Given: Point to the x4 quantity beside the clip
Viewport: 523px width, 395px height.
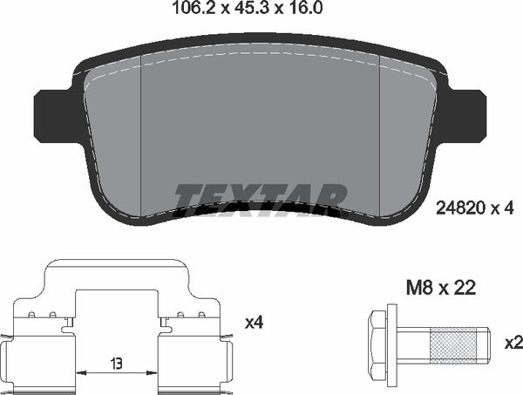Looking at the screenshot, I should [254, 323].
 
